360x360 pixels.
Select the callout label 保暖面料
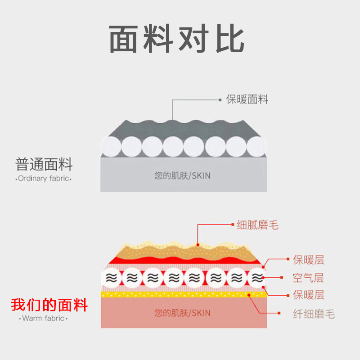247,99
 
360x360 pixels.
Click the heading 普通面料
44,164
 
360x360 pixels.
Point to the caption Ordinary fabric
44,179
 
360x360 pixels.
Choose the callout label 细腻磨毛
258,225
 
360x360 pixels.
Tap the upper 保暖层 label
308,260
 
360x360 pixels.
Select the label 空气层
308,278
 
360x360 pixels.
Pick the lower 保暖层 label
308,296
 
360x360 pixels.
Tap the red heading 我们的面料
49,305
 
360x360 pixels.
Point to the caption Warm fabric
44,319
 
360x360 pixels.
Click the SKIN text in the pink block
182,312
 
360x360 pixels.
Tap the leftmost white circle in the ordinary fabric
110,146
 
